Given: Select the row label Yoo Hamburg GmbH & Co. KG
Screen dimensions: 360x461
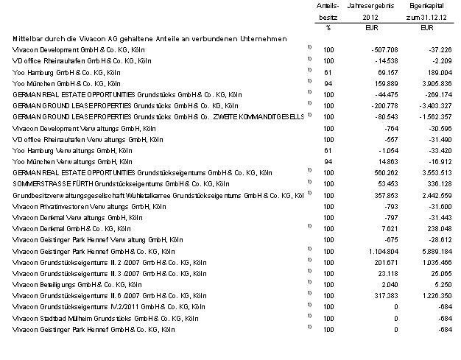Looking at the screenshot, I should pyautogui.click(x=66, y=72).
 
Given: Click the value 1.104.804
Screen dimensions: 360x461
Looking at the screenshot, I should pyautogui.click(x=381, y=251).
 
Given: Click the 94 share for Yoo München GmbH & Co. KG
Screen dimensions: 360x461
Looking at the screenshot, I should pyautogui.click(x=328, y=83).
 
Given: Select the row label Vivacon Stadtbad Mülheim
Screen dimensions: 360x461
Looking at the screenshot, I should pyautogui.click(x=103, y=318).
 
